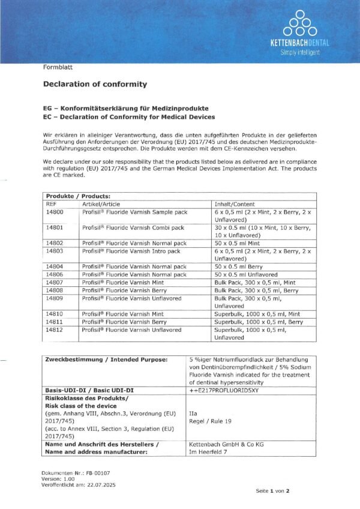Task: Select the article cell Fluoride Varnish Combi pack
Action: click(x=134, y=227)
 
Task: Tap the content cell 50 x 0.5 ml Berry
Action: click(x=239, y=266)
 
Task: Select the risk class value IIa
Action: click(x=193, y=414)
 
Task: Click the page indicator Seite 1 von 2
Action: click(x=273, y=490)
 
